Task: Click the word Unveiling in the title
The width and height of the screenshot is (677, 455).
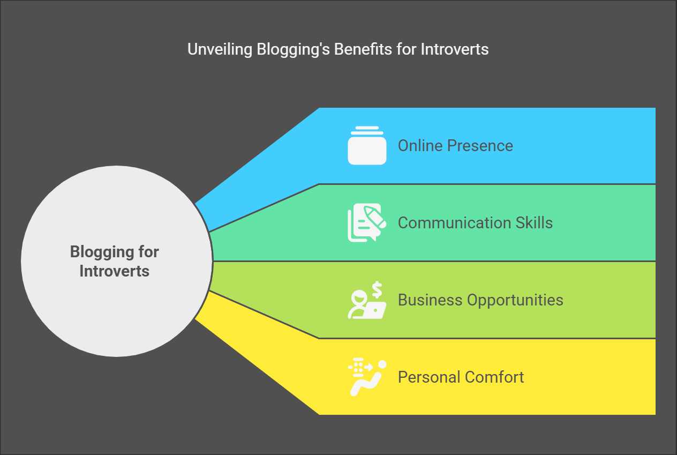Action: click(x=220, y=49)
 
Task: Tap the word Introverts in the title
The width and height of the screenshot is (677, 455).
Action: click(x=455, y=49)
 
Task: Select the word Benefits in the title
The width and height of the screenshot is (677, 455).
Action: click(x=363, y=49)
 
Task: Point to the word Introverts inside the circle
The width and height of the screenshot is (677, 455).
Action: click(x=114, y=271)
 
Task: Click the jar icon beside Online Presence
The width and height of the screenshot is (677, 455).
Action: click(x=367, y=145)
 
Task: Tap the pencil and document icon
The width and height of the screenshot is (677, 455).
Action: click(x=367, y=222)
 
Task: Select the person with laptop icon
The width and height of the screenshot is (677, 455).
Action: click(x=367, y=300)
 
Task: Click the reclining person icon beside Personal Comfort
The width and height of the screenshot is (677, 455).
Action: click(x=367, y=377)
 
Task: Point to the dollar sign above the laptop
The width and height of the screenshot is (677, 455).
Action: click(x=377, y=289)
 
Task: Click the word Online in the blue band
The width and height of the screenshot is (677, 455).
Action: click(x=420, y=146)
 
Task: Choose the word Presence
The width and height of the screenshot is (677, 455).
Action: click(x=480, y=146)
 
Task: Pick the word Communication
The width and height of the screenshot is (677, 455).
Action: click(x=454, y=223)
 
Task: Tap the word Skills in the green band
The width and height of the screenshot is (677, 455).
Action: click(x=534, y=223)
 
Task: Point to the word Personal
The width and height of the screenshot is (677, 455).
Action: click(x=429, y=377)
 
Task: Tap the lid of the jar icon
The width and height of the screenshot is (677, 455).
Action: click(x=367, y=130)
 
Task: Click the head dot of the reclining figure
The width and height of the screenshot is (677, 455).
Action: click(x=382, y=364)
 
